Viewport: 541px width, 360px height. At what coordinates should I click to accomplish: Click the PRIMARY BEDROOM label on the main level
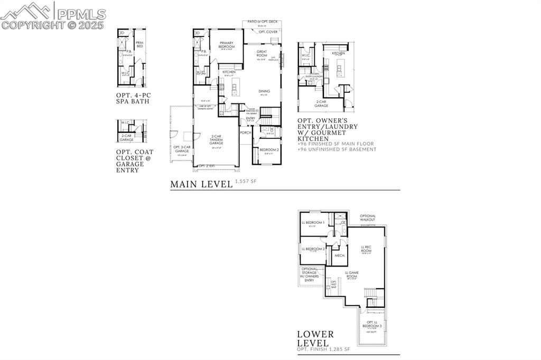[227, 45]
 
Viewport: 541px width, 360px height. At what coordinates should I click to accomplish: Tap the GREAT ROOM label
[262, 53]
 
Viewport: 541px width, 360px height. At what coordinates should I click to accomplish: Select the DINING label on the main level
[264, 91]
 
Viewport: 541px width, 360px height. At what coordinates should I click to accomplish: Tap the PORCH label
[246, 132]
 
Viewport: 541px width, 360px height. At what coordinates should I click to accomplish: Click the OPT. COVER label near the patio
[268, 32]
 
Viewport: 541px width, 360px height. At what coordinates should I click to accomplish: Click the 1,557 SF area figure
[246, 182]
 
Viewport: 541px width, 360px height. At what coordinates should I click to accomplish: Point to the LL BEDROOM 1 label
[313, 223]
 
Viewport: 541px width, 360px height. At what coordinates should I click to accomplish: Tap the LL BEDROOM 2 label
[313, 249]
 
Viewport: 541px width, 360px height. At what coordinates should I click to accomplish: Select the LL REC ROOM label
[366, 249]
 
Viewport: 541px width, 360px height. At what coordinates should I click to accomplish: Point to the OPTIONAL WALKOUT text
[368, 217]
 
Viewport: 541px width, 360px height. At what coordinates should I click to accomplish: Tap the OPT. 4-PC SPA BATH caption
[133, 98]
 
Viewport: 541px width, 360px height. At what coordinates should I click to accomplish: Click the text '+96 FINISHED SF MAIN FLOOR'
[335, 144]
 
